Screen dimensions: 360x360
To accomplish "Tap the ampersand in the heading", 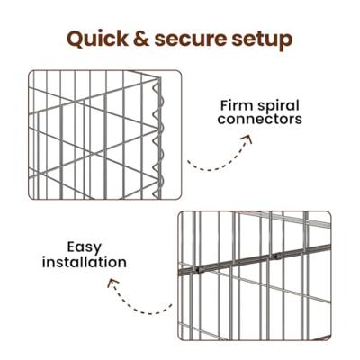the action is (141, 39).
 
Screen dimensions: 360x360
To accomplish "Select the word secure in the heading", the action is (190, 40).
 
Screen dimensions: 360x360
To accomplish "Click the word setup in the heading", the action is (262, 40).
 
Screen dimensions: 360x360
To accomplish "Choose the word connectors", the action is (260, 119).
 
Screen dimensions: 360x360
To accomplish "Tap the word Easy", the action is (85, 248).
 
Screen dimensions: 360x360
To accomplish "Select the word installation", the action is (85, 262).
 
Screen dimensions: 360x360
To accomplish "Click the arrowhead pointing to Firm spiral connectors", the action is (247, 139).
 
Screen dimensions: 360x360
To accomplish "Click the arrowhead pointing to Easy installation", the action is (112, 283).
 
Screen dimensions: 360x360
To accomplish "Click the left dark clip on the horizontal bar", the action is (198, 270).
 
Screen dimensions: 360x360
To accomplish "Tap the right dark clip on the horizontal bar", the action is (277, 256).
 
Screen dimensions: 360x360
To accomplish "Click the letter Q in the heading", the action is (76, 40).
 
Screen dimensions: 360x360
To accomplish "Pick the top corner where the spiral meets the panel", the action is (159, 78).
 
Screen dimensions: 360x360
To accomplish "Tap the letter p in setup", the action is (284, 42).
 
